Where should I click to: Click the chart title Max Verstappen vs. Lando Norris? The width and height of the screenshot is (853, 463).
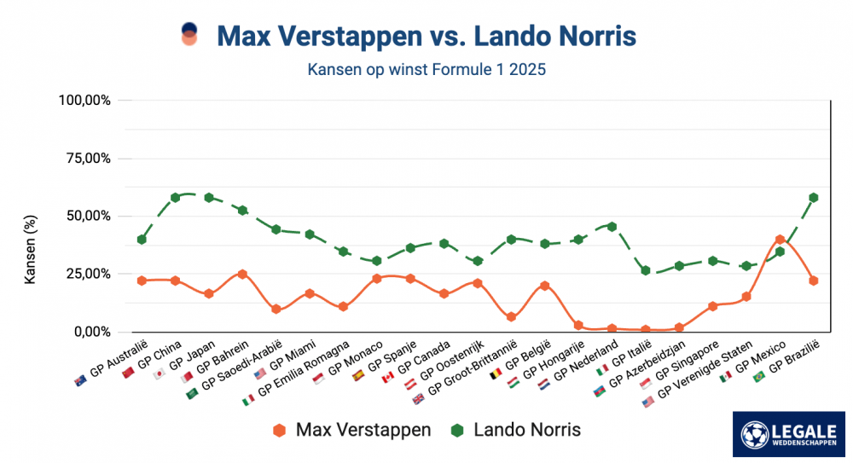point(426,36)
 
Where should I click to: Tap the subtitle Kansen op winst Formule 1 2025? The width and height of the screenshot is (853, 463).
point(426,70)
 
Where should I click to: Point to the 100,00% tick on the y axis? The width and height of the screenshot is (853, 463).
point(84,101)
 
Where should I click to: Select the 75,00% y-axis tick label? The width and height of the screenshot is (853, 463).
point(87,159)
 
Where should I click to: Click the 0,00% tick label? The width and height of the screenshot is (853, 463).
point(90,332)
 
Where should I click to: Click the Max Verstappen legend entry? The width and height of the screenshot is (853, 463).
point(351,430)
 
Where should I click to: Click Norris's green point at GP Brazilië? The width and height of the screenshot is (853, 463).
point(814,198)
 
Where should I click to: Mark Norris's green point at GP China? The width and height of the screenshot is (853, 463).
point(175,197)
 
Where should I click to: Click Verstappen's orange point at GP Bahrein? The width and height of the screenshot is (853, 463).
point(242,274)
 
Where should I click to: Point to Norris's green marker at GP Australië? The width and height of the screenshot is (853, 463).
point(142,240)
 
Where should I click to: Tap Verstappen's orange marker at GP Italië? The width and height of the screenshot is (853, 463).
point(646,329)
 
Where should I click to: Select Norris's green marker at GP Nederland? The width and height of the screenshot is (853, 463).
point(612,227)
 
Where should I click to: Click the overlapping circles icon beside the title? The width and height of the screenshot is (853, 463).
point(189,35)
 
